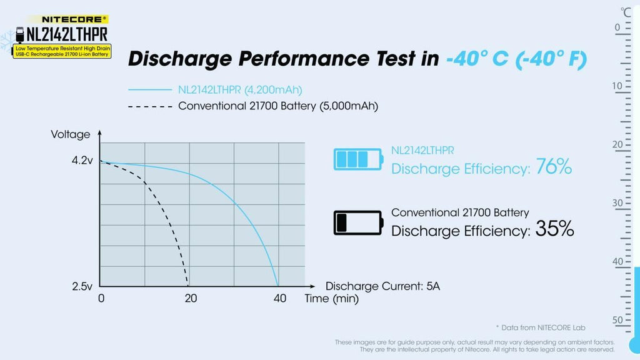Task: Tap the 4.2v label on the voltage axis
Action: [82, 161]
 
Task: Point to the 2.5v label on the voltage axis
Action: [82, 286]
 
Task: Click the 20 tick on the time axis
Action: [191, 299]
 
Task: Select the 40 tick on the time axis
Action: [279, 299]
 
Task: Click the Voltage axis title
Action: [71, 134]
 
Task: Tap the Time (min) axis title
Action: [331, 299]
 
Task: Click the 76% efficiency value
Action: [554, 167]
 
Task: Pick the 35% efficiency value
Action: [554, 229]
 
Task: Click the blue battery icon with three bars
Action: [358, 159]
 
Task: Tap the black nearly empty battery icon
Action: [358, 222]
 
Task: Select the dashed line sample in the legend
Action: [149, 106]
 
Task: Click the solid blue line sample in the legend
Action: [149, 90]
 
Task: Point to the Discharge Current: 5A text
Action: [382, 286]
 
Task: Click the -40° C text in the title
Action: [480, 59]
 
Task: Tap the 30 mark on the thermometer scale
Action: [617, 202]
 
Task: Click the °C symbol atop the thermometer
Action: [626, 11]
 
